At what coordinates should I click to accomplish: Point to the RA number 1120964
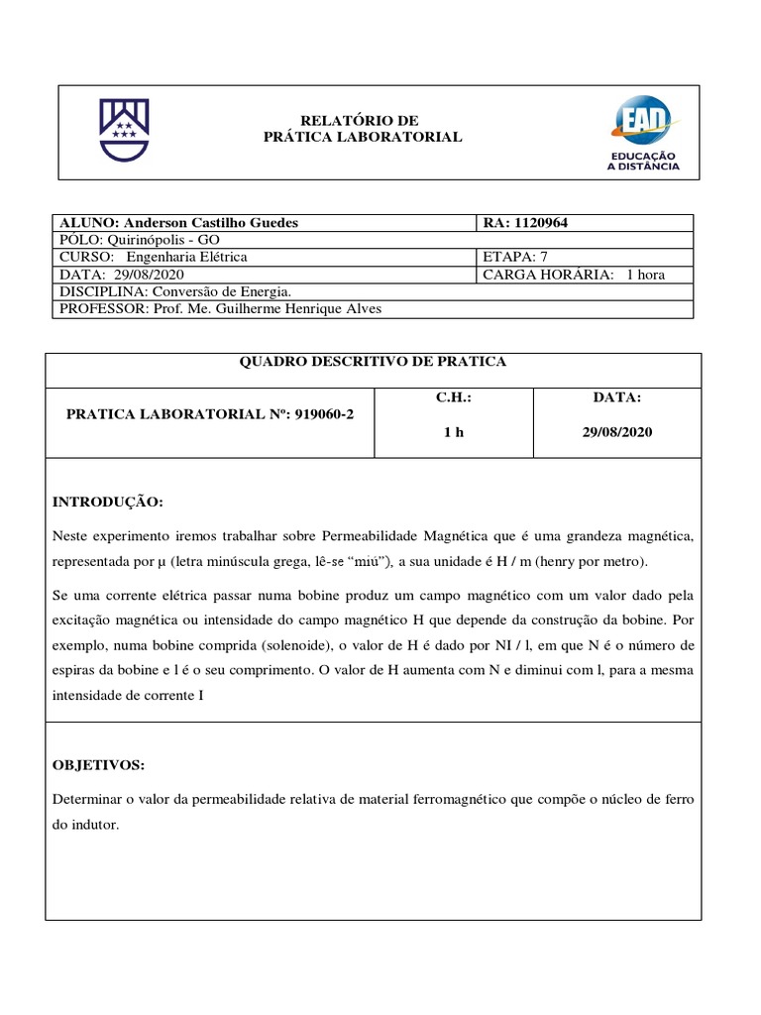coord(541,223)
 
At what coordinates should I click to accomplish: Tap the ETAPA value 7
coord(544,257)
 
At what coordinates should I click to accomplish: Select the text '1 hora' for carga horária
coord(645,275)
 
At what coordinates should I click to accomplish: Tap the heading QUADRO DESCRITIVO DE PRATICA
coord(373,362)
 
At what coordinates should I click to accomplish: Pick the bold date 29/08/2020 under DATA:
coord(617,432)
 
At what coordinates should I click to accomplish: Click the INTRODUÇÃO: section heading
coord(107,503)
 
